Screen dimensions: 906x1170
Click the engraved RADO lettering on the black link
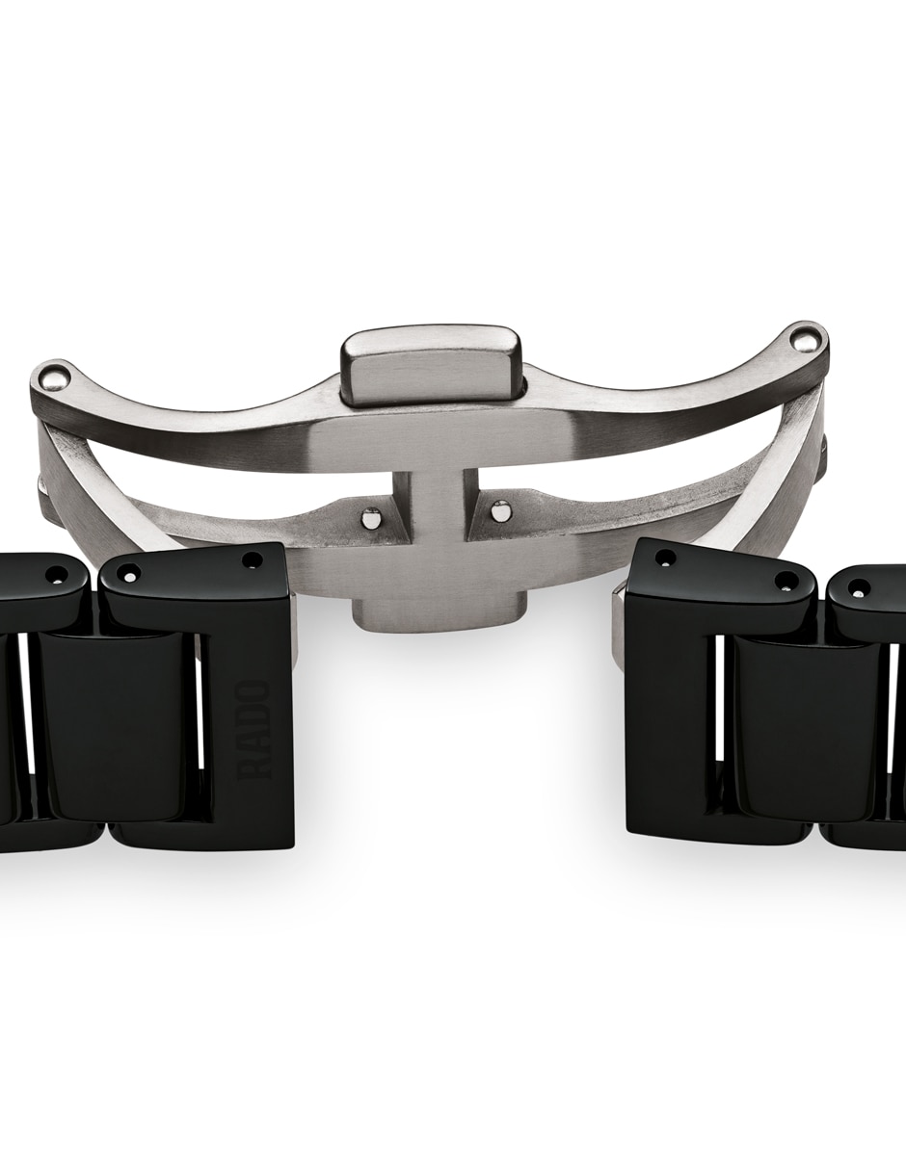point(258,730)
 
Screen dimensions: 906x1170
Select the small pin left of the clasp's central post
point(369,518)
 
